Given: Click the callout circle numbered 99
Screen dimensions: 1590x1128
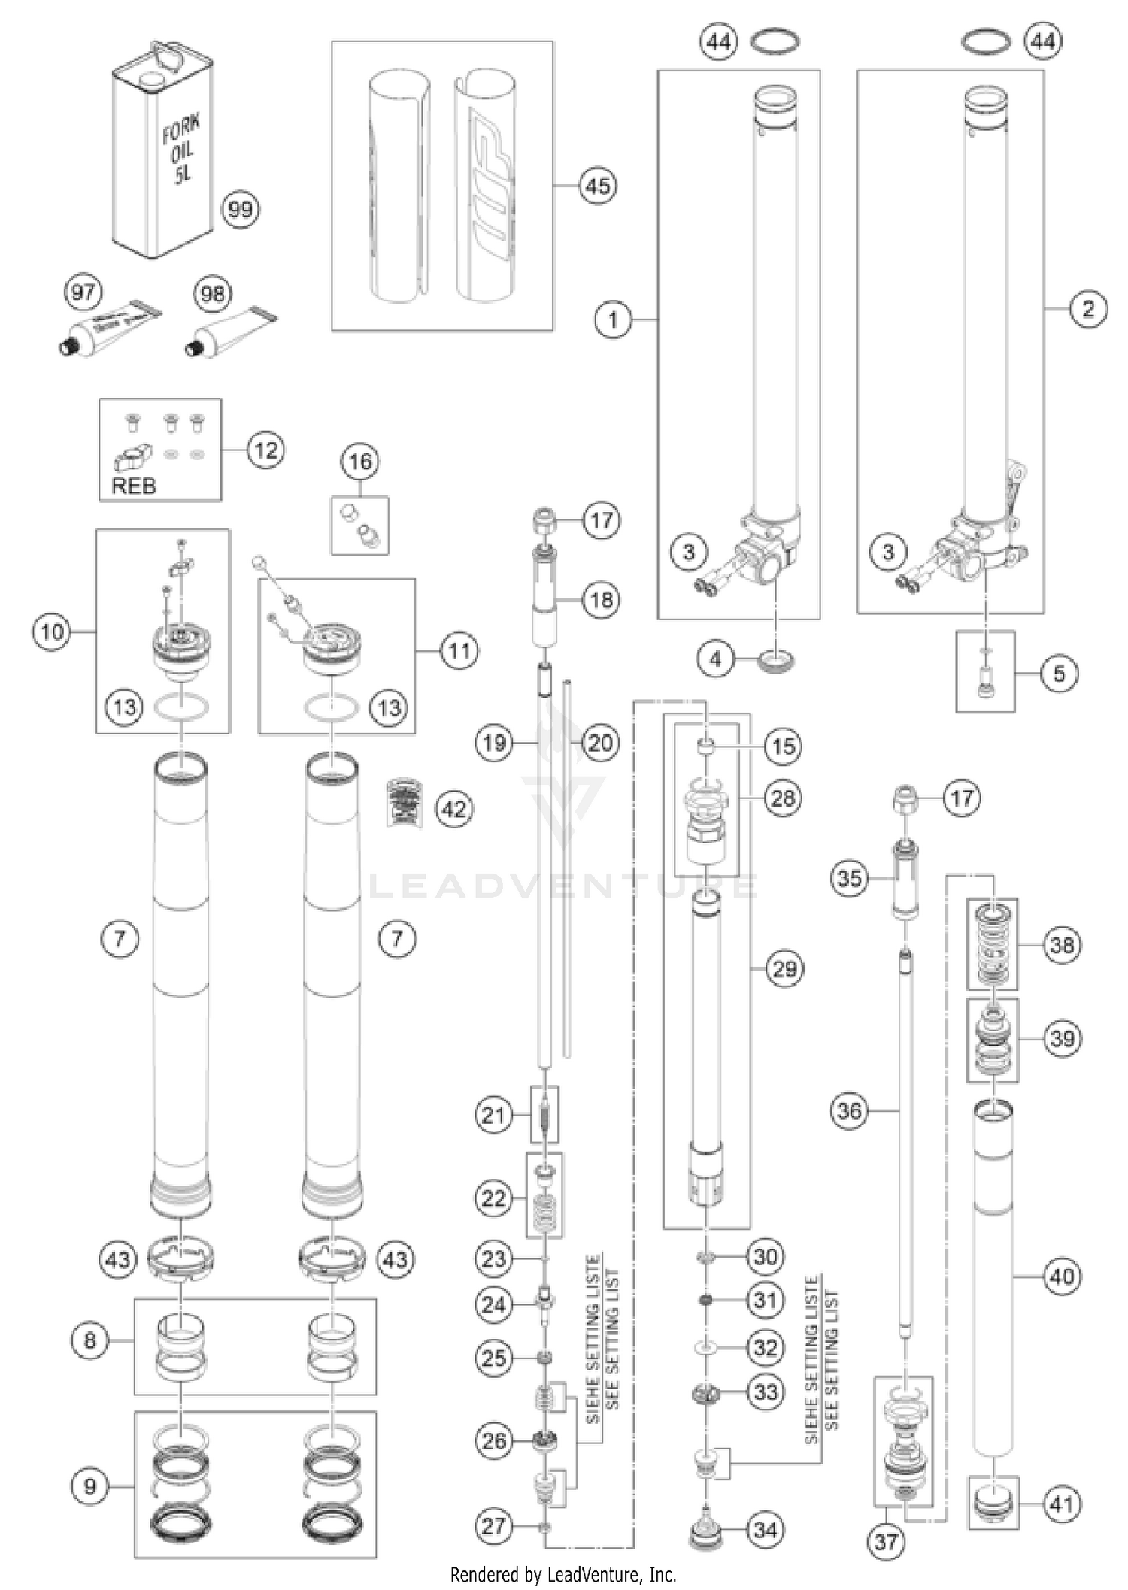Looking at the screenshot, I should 240,209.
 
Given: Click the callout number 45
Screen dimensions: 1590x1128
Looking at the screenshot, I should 598,185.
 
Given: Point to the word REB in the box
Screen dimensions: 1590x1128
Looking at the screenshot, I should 133,486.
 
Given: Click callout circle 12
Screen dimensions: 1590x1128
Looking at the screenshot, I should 265,450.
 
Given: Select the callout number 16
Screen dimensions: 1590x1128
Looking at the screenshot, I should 360,461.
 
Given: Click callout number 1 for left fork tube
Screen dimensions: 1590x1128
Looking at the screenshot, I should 613,320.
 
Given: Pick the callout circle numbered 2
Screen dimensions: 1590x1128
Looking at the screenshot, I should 1088,308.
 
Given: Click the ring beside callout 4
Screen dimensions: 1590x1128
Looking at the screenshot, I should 778,660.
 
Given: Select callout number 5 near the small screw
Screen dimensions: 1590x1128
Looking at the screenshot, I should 1059,673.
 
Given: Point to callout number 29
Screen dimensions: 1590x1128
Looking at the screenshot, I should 784,968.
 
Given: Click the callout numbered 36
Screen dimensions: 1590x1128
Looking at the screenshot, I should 849,1110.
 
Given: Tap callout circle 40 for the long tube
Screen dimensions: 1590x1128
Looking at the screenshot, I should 1062,1276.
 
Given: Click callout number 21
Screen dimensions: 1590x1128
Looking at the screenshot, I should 493,1115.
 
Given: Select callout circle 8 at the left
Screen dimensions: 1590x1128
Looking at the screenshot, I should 89,1340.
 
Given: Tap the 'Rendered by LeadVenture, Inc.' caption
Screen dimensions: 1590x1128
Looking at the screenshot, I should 563,1574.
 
